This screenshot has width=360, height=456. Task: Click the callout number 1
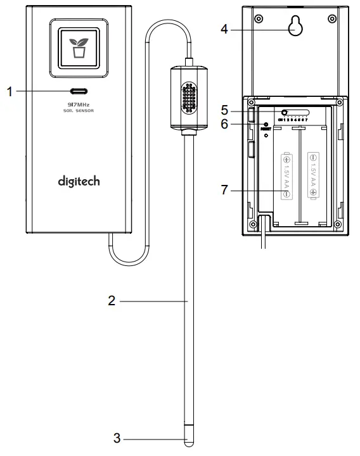[10, 91]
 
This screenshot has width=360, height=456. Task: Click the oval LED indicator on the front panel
[79, 91]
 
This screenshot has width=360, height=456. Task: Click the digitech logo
[79, 182]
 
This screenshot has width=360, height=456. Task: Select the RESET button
[266, 125]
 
